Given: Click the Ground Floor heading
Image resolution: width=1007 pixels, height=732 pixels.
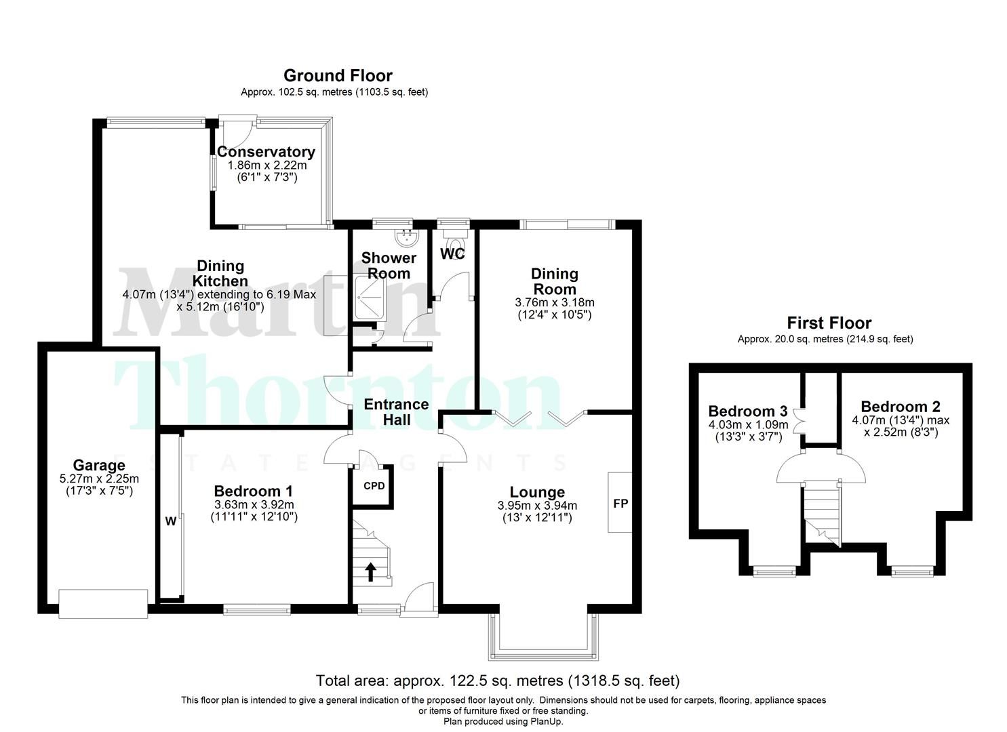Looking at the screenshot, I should [337, 75].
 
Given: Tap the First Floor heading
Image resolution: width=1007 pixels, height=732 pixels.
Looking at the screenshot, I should [829, 323].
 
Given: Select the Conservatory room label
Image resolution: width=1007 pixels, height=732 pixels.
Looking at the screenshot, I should [266, 152].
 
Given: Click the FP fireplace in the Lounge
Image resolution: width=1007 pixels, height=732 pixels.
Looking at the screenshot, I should [620, 503].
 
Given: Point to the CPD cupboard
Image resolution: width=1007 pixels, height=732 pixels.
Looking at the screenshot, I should [374, 486].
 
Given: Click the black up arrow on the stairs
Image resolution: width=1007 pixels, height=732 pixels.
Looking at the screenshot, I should [371, 572].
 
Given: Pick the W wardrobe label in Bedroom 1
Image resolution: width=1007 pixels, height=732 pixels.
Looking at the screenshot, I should [171, 521].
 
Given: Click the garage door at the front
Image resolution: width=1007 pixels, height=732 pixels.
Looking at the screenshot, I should [102, 604].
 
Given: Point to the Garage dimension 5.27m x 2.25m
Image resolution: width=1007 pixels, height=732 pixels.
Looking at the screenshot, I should [99, 479].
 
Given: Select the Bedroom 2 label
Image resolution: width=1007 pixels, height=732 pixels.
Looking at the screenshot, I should [900, 407].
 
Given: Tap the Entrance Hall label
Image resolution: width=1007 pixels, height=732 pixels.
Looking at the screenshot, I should [396, 412].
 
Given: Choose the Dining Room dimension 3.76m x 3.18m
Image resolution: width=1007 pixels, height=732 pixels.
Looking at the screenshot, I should [554, 302].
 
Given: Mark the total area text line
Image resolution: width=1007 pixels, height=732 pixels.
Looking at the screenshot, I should [497, 680].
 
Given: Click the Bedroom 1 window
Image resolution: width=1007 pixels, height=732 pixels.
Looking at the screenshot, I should [255, 611].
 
